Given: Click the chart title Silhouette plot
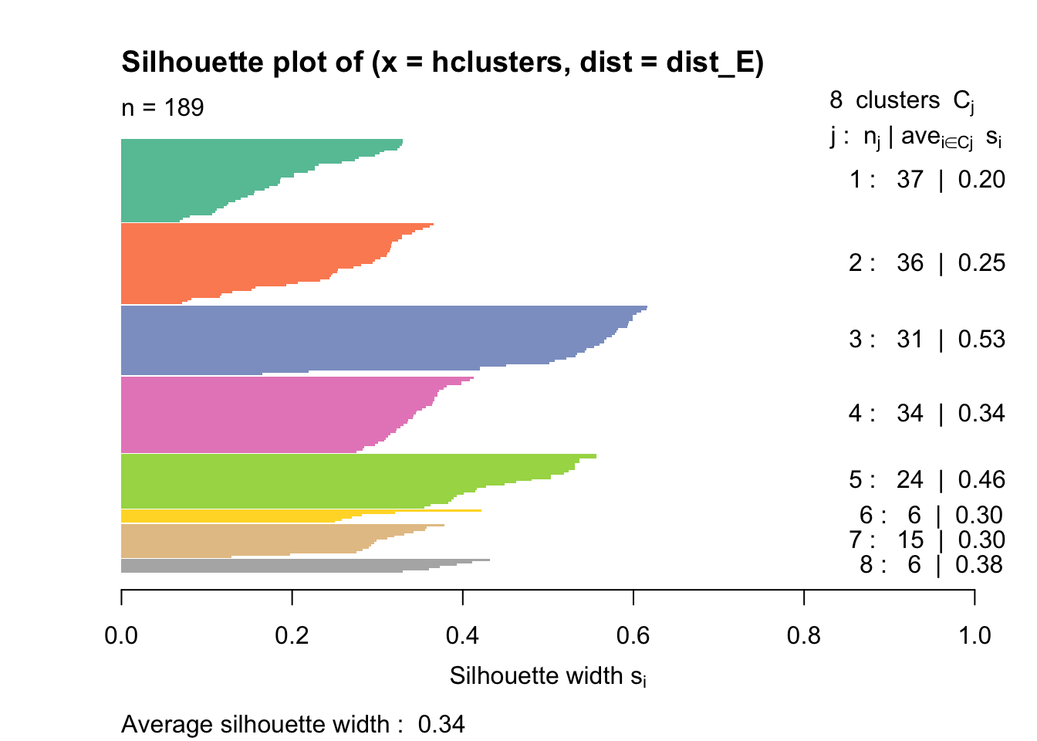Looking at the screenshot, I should click(441, 62).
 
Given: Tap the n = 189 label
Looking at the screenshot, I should click(162, 107).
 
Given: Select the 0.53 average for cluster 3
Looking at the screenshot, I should click(981, 339).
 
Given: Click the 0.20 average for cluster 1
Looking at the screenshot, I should click(981, 179).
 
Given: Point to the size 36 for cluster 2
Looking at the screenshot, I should click(910, 262).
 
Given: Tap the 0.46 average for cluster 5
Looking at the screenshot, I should click(981, 479).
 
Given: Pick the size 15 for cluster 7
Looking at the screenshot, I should click(911, 540).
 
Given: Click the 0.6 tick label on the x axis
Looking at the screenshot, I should click(633, 635).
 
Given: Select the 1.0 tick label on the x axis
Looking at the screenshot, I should click(975, 635).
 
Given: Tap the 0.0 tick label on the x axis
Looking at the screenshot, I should click(121, 635).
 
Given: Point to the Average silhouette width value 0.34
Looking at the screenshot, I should click(441, 724).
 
